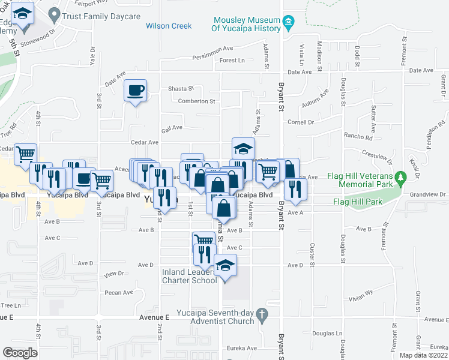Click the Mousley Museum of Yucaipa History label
(246, 24)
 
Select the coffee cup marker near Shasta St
(135, 91)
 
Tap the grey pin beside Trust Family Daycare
(55, 13)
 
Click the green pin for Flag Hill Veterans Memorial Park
(405, 178)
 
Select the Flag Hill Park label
(357, 202)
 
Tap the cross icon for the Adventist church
(261, 313)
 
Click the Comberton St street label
(196, 101)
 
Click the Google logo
(20, 353)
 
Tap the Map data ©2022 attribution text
(423, 355)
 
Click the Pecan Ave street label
(119, 293)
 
